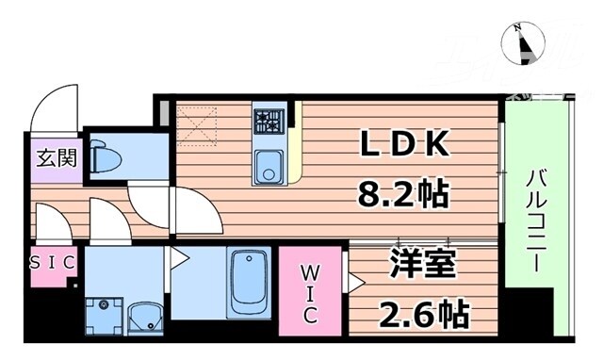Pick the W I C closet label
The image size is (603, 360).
pyautogui.click(x=311, y=292)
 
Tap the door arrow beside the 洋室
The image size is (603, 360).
pyautogui.click(x=355, y=280)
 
